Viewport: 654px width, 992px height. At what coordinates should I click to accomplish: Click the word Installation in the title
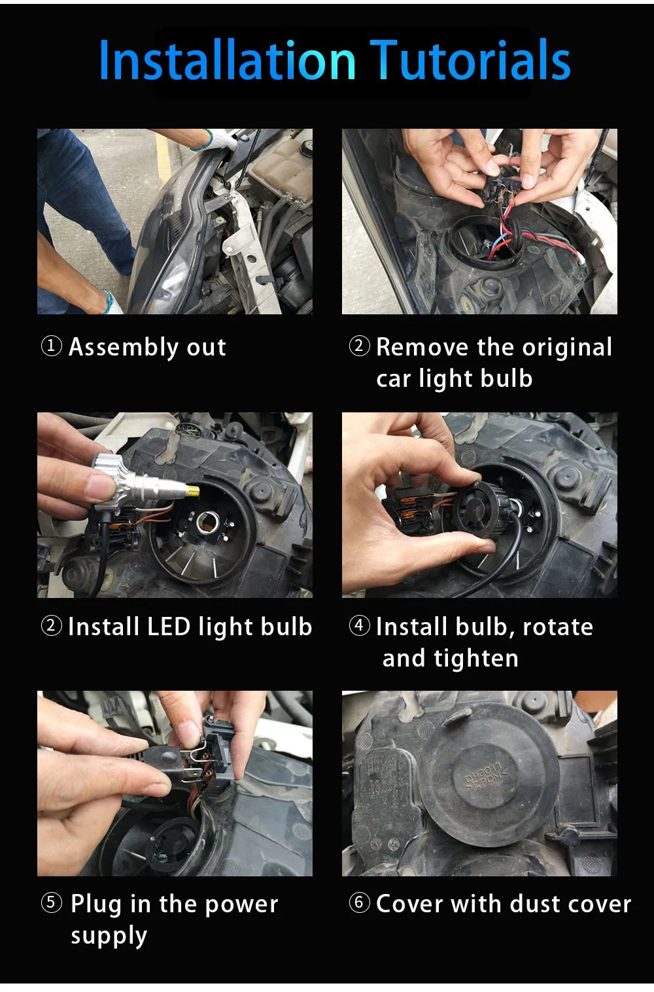pos(228,59)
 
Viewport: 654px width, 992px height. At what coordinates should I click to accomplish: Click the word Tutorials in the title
pos(470,59)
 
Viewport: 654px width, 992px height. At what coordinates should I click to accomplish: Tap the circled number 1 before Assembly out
pos(52,346)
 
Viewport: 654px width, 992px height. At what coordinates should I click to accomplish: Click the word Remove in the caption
pos(422,347)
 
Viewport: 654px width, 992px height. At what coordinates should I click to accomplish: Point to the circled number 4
pos(359,626)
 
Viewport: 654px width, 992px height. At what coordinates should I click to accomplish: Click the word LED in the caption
pos(169,627)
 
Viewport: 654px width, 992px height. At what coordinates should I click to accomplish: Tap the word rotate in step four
pos(558,627)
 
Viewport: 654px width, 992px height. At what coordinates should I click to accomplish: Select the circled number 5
pos(52,902)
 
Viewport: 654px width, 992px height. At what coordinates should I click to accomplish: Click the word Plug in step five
pos(96,905)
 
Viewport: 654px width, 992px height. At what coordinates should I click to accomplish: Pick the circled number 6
pos(359,902)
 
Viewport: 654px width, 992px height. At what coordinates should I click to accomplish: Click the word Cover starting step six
pos(409,904)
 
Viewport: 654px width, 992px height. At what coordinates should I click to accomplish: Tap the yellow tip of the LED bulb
pos(193,490)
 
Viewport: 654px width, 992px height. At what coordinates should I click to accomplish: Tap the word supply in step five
pos(109,936)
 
